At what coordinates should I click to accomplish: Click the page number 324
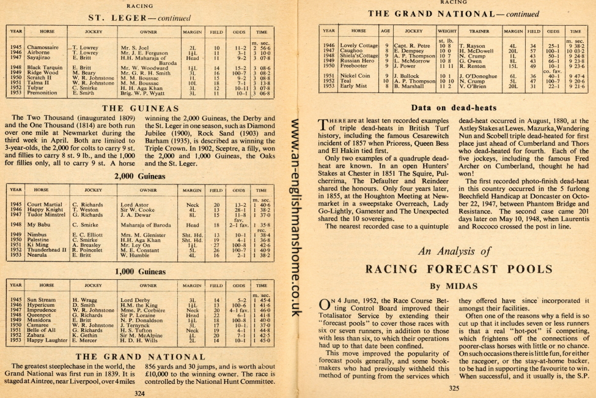pyautogui.click(x=140, y=393)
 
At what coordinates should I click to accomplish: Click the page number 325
pyautogui.click(x=454, y=387)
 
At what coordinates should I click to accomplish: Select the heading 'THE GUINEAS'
pyautogui.click(x=139, y=108)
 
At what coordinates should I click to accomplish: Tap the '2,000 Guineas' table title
pyautogui.click(x=140, y=176)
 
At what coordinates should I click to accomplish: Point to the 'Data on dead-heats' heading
pyautogui.click(x=453, y=108)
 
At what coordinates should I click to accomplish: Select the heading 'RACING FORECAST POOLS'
pyautogui.click(x=453, y=269)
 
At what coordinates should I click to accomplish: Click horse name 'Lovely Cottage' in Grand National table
pyautogui.click(x=359, y=45)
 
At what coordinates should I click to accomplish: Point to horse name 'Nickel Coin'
pyautogui.click(x=355, y=76)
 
